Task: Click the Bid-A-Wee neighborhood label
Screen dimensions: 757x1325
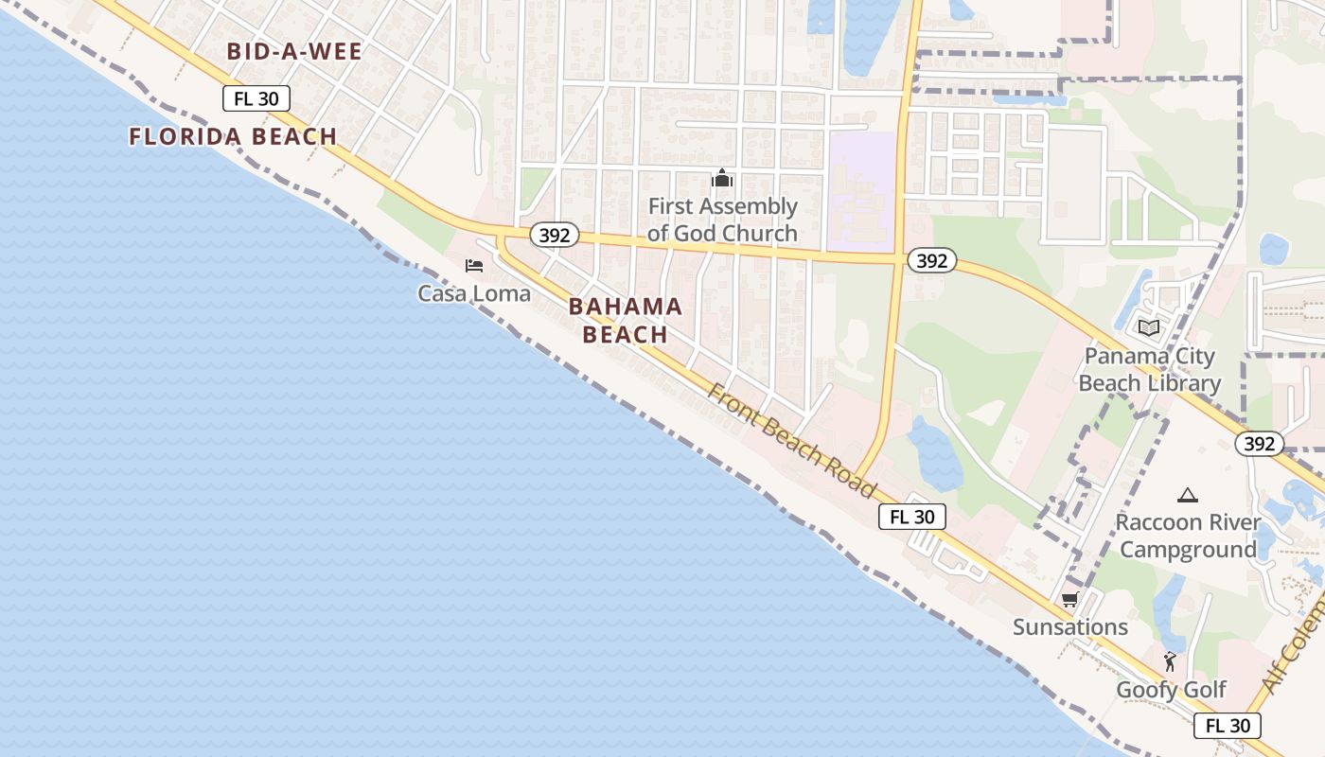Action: click(x=294, y=51)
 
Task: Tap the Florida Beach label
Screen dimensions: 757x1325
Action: click(x=233, y=136)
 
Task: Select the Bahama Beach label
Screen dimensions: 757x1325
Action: click(x=626, y=320)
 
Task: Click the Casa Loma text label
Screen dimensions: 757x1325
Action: click(x=474, y=293)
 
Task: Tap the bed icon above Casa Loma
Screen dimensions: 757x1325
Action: click(x=474, y=266)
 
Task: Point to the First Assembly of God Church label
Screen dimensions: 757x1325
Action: click(x=722, y=220)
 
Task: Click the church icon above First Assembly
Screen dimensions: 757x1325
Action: click(x=722, y=178)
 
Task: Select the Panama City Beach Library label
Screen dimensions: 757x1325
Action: click(x=1149, y=370)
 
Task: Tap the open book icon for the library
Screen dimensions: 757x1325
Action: click(x=1149, y=328)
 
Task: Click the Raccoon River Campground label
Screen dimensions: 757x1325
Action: click(x=1188, y=536)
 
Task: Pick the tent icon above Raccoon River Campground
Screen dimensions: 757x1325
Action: click(x=1187, y=495)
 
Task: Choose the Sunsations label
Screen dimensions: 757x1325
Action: click(x=1070, y=626)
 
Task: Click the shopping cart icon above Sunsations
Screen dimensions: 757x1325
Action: click(x=1070, y=599)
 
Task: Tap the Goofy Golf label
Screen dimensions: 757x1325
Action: click(x=1171, y=690)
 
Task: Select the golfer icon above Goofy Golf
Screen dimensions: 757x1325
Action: click(x=1171, y=661)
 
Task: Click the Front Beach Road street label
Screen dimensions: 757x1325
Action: click(x=791, y=441)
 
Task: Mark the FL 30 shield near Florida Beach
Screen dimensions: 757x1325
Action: click(x=256, y=98)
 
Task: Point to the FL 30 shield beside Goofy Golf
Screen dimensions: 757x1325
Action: click(x=1228, y=726)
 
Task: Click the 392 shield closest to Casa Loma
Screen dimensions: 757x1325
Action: click(x=554, y=235)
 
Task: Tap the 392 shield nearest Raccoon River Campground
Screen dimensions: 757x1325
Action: click(x=1259, y=443)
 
